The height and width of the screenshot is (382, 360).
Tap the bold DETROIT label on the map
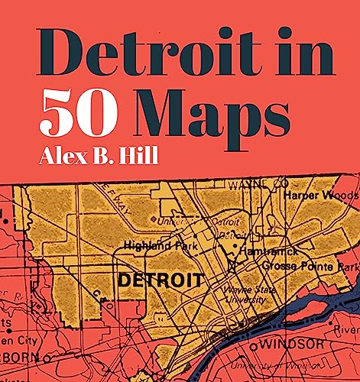tap(160, 280)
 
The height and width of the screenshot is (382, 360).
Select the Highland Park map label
tap(160, 246)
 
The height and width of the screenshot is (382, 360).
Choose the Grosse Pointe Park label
tap(310, 267)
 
